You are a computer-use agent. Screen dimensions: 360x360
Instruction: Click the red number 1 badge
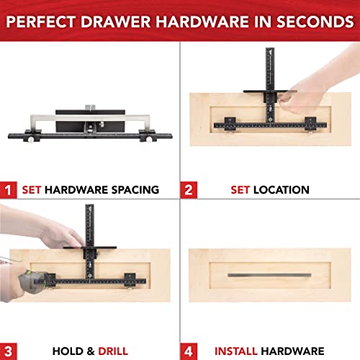9,190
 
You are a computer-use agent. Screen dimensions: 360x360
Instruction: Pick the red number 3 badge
9,351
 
